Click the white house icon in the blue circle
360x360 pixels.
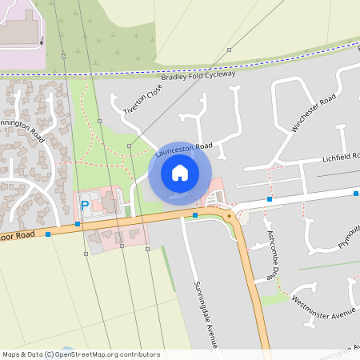click(180, 172)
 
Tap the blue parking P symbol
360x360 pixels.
click(85, 206)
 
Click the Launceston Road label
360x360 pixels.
click(183, 147)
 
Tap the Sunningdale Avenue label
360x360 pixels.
click(206, 314)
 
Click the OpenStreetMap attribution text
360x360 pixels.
click(81, 354)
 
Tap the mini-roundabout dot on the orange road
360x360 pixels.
click(229, 215)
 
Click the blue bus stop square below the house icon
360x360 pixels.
click(195, 214)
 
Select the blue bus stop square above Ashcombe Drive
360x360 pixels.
click(270, 197)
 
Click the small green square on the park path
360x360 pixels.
click(130, 146)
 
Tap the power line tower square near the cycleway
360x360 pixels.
click(229, 50)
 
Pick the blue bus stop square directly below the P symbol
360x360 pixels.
click(78, 224)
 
